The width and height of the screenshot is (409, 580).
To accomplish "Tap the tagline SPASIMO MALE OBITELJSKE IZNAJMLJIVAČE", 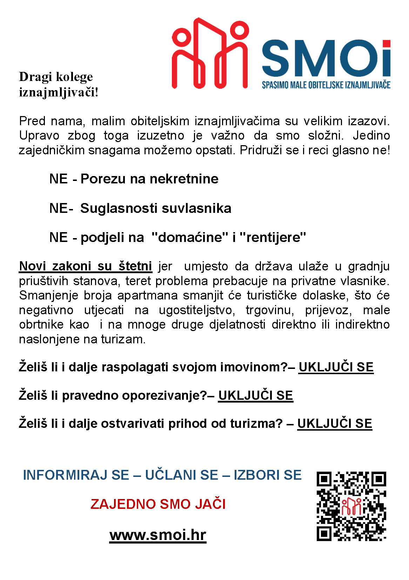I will (326, 85).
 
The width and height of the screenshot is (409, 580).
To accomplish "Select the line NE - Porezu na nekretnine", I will (134, 179).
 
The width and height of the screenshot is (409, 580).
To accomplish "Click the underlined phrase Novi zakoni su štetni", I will (86, 266).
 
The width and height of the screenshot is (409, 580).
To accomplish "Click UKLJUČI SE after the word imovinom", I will (336, 367).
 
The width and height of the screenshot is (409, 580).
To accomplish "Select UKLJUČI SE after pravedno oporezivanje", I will (255, 396).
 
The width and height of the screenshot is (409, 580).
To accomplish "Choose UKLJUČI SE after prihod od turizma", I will (334, 424).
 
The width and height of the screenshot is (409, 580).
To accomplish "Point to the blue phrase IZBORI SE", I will (267, 475).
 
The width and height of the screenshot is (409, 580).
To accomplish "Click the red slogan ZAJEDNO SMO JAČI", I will (158, 504).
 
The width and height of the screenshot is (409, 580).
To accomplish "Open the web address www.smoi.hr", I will (158, 535).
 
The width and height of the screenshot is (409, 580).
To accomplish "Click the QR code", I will (351, 506).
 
